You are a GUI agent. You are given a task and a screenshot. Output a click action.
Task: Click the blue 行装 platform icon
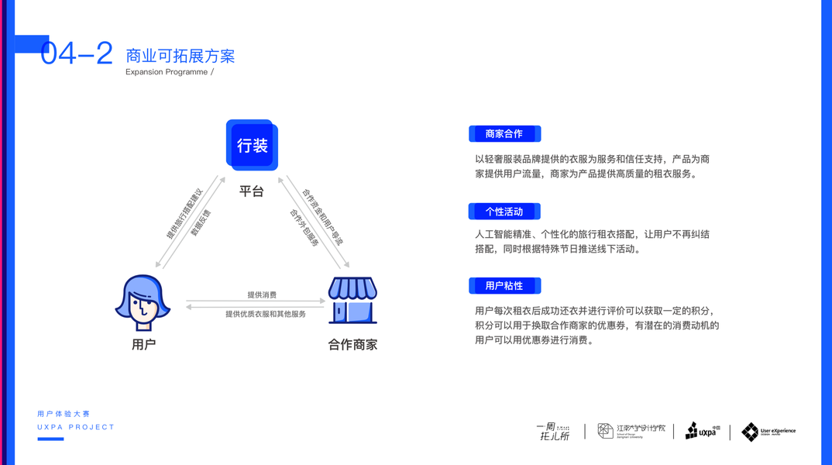tap(252, 145)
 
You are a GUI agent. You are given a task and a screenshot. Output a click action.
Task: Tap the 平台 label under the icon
tap(251, 191)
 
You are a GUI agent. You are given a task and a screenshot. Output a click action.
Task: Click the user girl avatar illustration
tap(143, 302)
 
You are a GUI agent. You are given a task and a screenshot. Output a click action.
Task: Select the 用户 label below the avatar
tap(143, 344)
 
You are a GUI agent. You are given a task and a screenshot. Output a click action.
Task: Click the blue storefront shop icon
tap(352, 300)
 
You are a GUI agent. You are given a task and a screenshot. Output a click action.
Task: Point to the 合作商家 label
tap(352, 344)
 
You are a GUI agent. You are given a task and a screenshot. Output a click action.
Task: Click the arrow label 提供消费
tap(262, 294)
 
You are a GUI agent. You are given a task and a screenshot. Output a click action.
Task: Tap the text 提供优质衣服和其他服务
tap(265, 314)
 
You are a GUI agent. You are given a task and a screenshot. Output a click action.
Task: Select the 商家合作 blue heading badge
tap(504, 134)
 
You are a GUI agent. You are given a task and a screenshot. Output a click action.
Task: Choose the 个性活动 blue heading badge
tap(504, 212)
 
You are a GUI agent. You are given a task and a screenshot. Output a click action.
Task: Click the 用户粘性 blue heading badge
tap(504, 286)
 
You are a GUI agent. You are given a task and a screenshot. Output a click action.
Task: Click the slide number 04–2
tap(77, 53)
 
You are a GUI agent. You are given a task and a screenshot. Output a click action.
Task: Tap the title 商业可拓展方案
tap(180, 56)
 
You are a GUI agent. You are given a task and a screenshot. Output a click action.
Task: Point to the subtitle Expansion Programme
tap(167, 72)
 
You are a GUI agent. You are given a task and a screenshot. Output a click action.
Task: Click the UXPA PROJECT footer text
tap(76, 427)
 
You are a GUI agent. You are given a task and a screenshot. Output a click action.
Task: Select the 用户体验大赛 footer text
tap(64, 414)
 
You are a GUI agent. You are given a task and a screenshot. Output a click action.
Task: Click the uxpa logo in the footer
tap(703, 431)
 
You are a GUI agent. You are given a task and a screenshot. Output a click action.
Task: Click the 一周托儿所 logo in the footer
tap(553, 432)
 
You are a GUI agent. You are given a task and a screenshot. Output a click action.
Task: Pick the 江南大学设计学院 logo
tap(631, 431)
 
